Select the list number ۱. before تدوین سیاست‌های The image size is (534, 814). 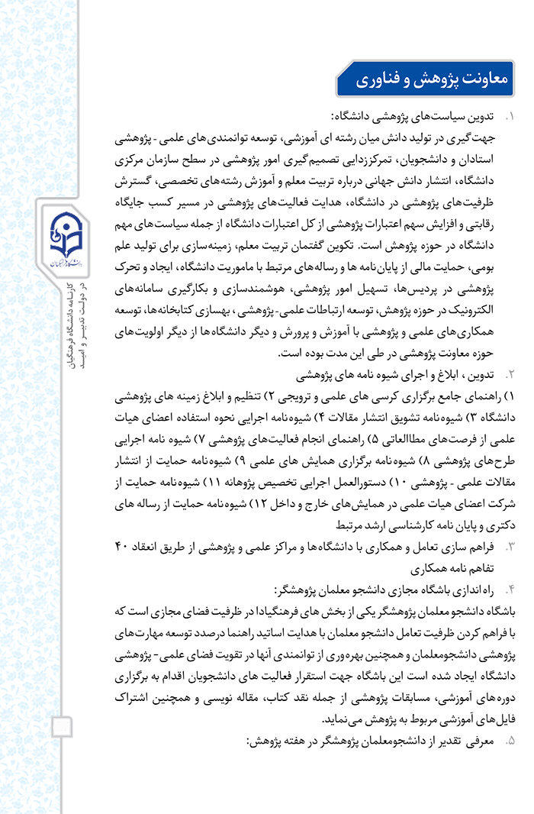click(x=510, y=118)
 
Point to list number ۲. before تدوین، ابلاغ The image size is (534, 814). click(x=510, y=376)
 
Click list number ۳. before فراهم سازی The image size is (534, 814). click(x=510, y=547)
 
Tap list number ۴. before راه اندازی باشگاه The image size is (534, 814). click(x=510, y=590)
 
